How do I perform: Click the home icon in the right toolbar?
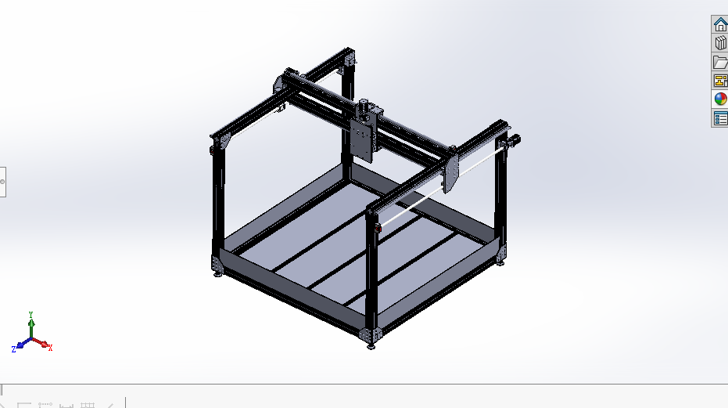pyautogui.click(x=720, y=25)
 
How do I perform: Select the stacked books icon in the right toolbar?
pyautogui.click(x=720, y=44)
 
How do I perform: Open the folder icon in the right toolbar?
pyautogui.click(x=720, y=63)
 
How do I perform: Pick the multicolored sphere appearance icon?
pyautogui.click(x=720, y=99)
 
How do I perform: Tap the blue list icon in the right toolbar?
pyautogui.click(x=720, y=118)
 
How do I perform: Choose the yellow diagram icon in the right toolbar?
pyautogui.click(x=720, y=81)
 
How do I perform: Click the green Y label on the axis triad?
pyautogui.click(x=31, y=312)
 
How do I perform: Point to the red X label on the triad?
pyautogui.click(x=50, y=348)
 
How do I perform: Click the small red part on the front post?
pyautogui.click(x=378, y=228)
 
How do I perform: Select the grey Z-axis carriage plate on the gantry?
pyautogui.click(x=362, y=140)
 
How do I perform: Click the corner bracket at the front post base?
pyautogui.click(x=372, y=333)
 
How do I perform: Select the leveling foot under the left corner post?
pyautogui.click(x=217, y=273)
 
